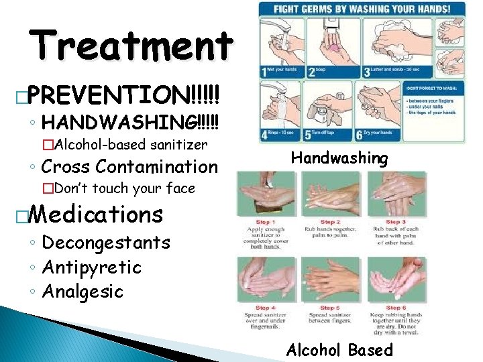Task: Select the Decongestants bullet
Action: pyautogui.click(x=106, y=243)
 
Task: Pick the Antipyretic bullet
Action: pyautogui.click(x=91, y=267)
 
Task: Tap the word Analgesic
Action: pyautogui.click(x=83, y=292)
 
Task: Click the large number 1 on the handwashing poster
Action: pyautogui.click(x=267, y=72)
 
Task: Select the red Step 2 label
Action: pyautogui.click(x=328, y=222)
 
